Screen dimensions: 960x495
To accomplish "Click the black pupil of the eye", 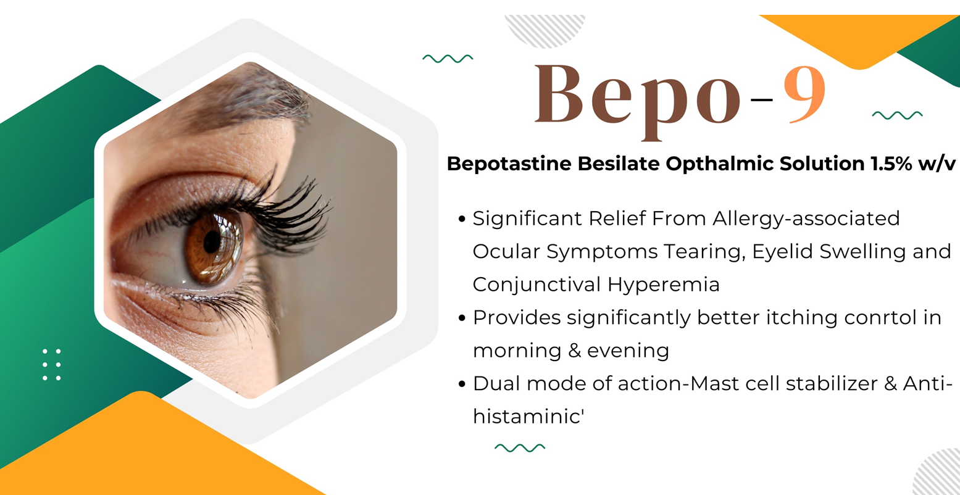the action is [x=212, y=243].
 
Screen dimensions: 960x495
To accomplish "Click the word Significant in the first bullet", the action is [x=527, y=219].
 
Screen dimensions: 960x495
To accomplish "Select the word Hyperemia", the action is [x=663, y=285].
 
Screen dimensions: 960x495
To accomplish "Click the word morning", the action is [x=517, y=351].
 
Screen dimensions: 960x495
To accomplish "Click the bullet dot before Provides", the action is [x=462, y=318].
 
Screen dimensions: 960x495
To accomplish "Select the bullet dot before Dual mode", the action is [x=462, y=384].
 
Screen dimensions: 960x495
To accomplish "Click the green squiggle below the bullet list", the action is [x=520, y=448].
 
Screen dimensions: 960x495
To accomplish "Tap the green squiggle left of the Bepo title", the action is [x=448, y=59].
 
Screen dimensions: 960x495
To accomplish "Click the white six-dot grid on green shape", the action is [x=51, y=365].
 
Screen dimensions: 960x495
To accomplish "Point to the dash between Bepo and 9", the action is [x=762, y=100].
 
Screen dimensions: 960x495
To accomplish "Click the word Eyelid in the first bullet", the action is [x=782, y=252].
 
